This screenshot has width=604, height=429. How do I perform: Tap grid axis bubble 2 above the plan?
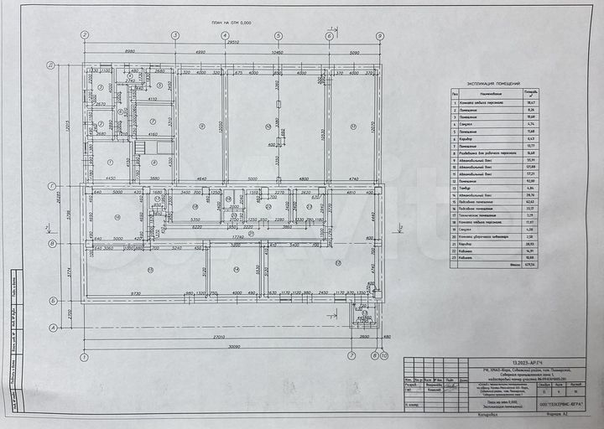[x=84, y=36]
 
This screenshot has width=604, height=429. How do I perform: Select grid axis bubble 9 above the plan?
[x=380, y=36]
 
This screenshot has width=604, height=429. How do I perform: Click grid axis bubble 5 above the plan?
[x=277, y=36]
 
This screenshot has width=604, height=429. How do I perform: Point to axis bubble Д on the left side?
[x=51, y=65]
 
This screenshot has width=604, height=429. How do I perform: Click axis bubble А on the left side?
[x=51, y=328]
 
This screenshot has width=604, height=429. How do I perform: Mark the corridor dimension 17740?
[x=238, y=237]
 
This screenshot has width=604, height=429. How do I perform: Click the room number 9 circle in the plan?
[x=202, y=127]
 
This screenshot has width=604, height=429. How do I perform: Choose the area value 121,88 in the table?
[x=529, y=167]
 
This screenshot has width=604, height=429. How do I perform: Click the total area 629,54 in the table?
[x=529, y=265]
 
